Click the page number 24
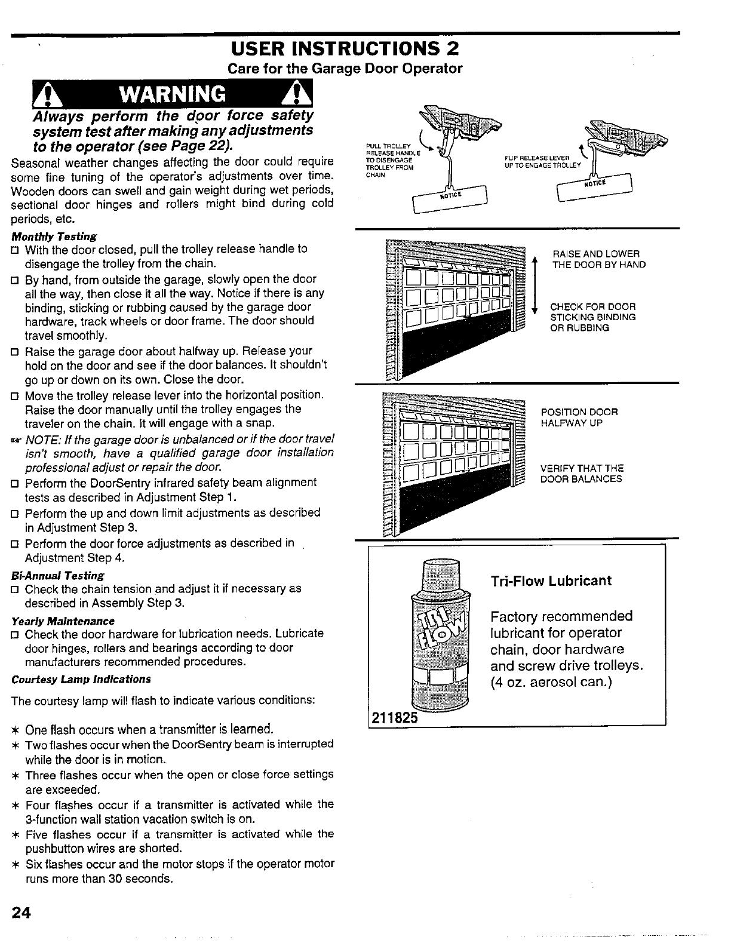click(x=20, y=914)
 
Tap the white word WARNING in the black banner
click(x=173, y=94)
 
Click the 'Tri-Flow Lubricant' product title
click(x=551, y=581)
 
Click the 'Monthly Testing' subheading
click(x=54, y=236)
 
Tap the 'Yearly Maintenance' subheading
click(x=63, y=621)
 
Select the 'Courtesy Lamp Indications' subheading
click(x=81, y=679)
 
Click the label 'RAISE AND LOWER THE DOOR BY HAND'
click(x=598, y=259)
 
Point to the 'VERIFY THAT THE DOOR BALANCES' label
click(x=582, y=474)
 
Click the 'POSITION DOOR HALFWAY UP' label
click(x=579, y=417)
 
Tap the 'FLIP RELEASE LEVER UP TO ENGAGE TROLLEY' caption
click(x=542, y=161)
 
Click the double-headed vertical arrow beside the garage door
click(x=536, y=284)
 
